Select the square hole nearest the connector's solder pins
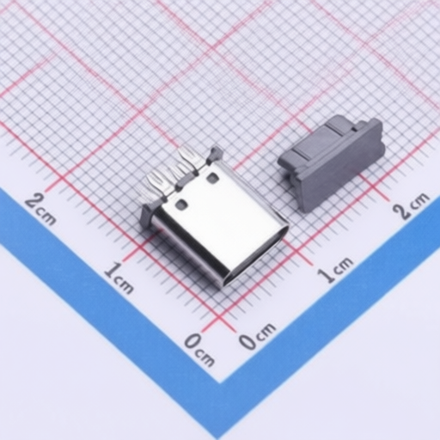click(x=212, y=178)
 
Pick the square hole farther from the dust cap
click(x=181, y=205)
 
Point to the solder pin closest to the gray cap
click(x=190, y=158)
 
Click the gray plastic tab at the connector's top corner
click(x=216, y=155)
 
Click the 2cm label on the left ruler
click(x=40, y=209)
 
